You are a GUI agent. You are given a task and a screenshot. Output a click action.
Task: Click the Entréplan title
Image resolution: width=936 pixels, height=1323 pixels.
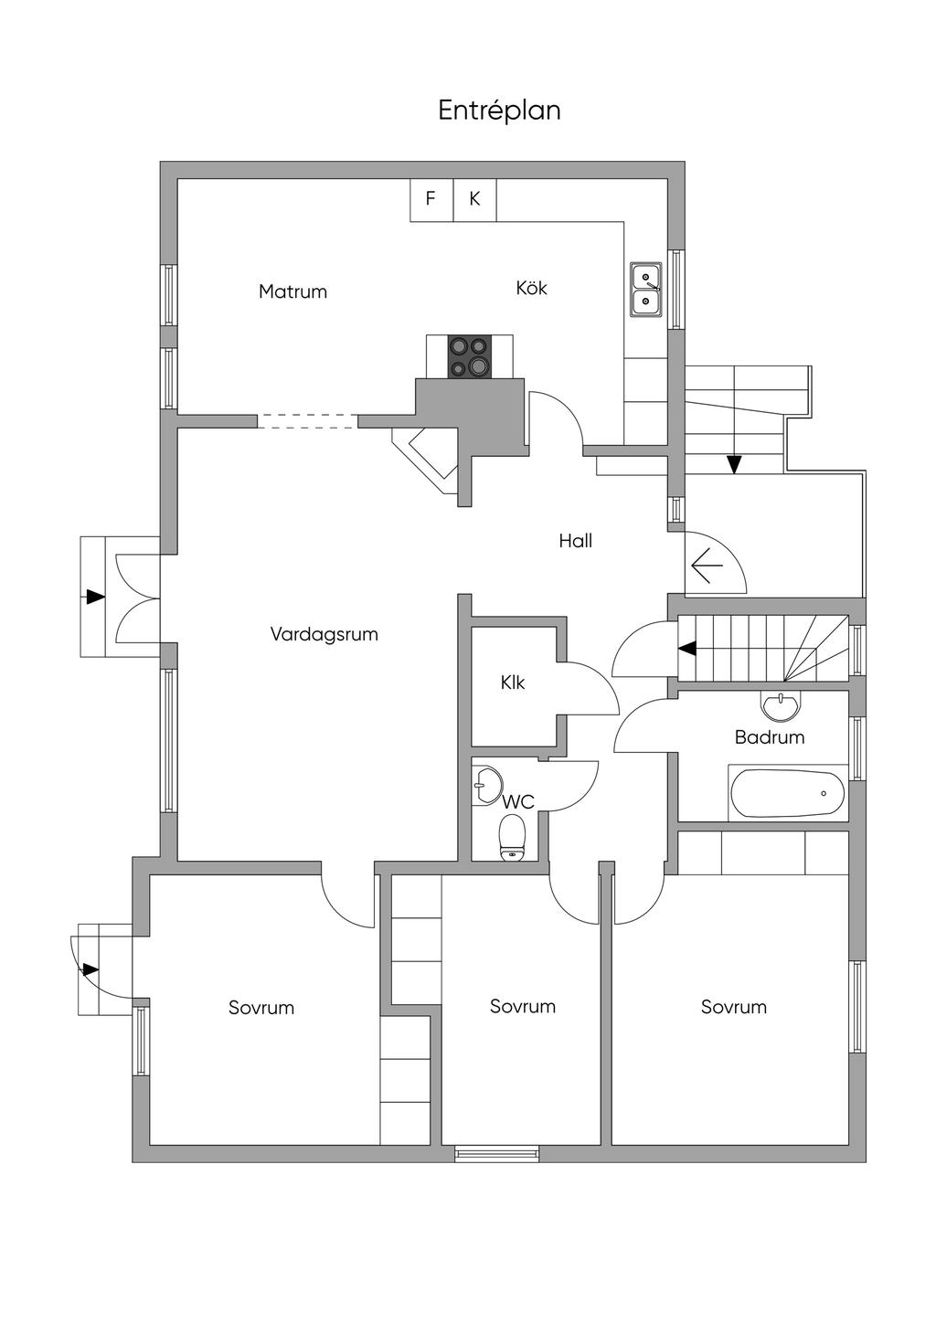click(499, 111)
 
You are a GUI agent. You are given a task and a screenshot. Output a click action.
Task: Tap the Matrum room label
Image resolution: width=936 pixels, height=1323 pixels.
click(292, 291)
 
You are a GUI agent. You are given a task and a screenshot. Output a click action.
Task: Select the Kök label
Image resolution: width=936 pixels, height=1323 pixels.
click(531, 288)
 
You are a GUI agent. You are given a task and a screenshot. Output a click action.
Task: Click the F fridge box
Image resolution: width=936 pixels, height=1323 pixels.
click(431, 199)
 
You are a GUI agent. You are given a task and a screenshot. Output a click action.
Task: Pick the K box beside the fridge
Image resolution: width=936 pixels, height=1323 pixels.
click(475, 199)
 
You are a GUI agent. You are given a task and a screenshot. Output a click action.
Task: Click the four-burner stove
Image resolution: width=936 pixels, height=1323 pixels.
click(469, 356)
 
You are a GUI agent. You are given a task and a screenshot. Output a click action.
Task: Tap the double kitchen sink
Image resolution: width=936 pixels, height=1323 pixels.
click(646, 289)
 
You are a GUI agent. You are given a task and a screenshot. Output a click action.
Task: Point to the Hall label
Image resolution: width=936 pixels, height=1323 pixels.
click(576, 541)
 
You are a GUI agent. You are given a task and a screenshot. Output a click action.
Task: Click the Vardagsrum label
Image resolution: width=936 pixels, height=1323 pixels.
click(324, 634)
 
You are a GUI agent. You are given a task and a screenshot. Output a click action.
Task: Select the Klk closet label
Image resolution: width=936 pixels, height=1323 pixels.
click(513, 683)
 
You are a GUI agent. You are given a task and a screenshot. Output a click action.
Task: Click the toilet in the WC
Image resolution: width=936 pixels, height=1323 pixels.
click(512, 837)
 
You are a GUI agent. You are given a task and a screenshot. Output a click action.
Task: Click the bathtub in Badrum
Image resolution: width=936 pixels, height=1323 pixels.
click(788, 793)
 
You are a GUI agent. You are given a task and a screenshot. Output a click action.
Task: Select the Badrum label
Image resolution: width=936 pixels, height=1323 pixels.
click(770, 737)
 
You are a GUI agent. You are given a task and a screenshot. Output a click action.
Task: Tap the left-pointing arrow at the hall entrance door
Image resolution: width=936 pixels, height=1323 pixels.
click(707, 567)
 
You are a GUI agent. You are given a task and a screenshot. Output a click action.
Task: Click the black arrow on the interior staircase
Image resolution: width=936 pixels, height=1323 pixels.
click(687, 649)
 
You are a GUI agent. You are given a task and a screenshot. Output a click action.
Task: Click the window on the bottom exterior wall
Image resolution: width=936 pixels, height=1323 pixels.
click(497, 1154)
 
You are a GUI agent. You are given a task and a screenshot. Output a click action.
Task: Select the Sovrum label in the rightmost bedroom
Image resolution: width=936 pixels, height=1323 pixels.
click(734, 1007)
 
